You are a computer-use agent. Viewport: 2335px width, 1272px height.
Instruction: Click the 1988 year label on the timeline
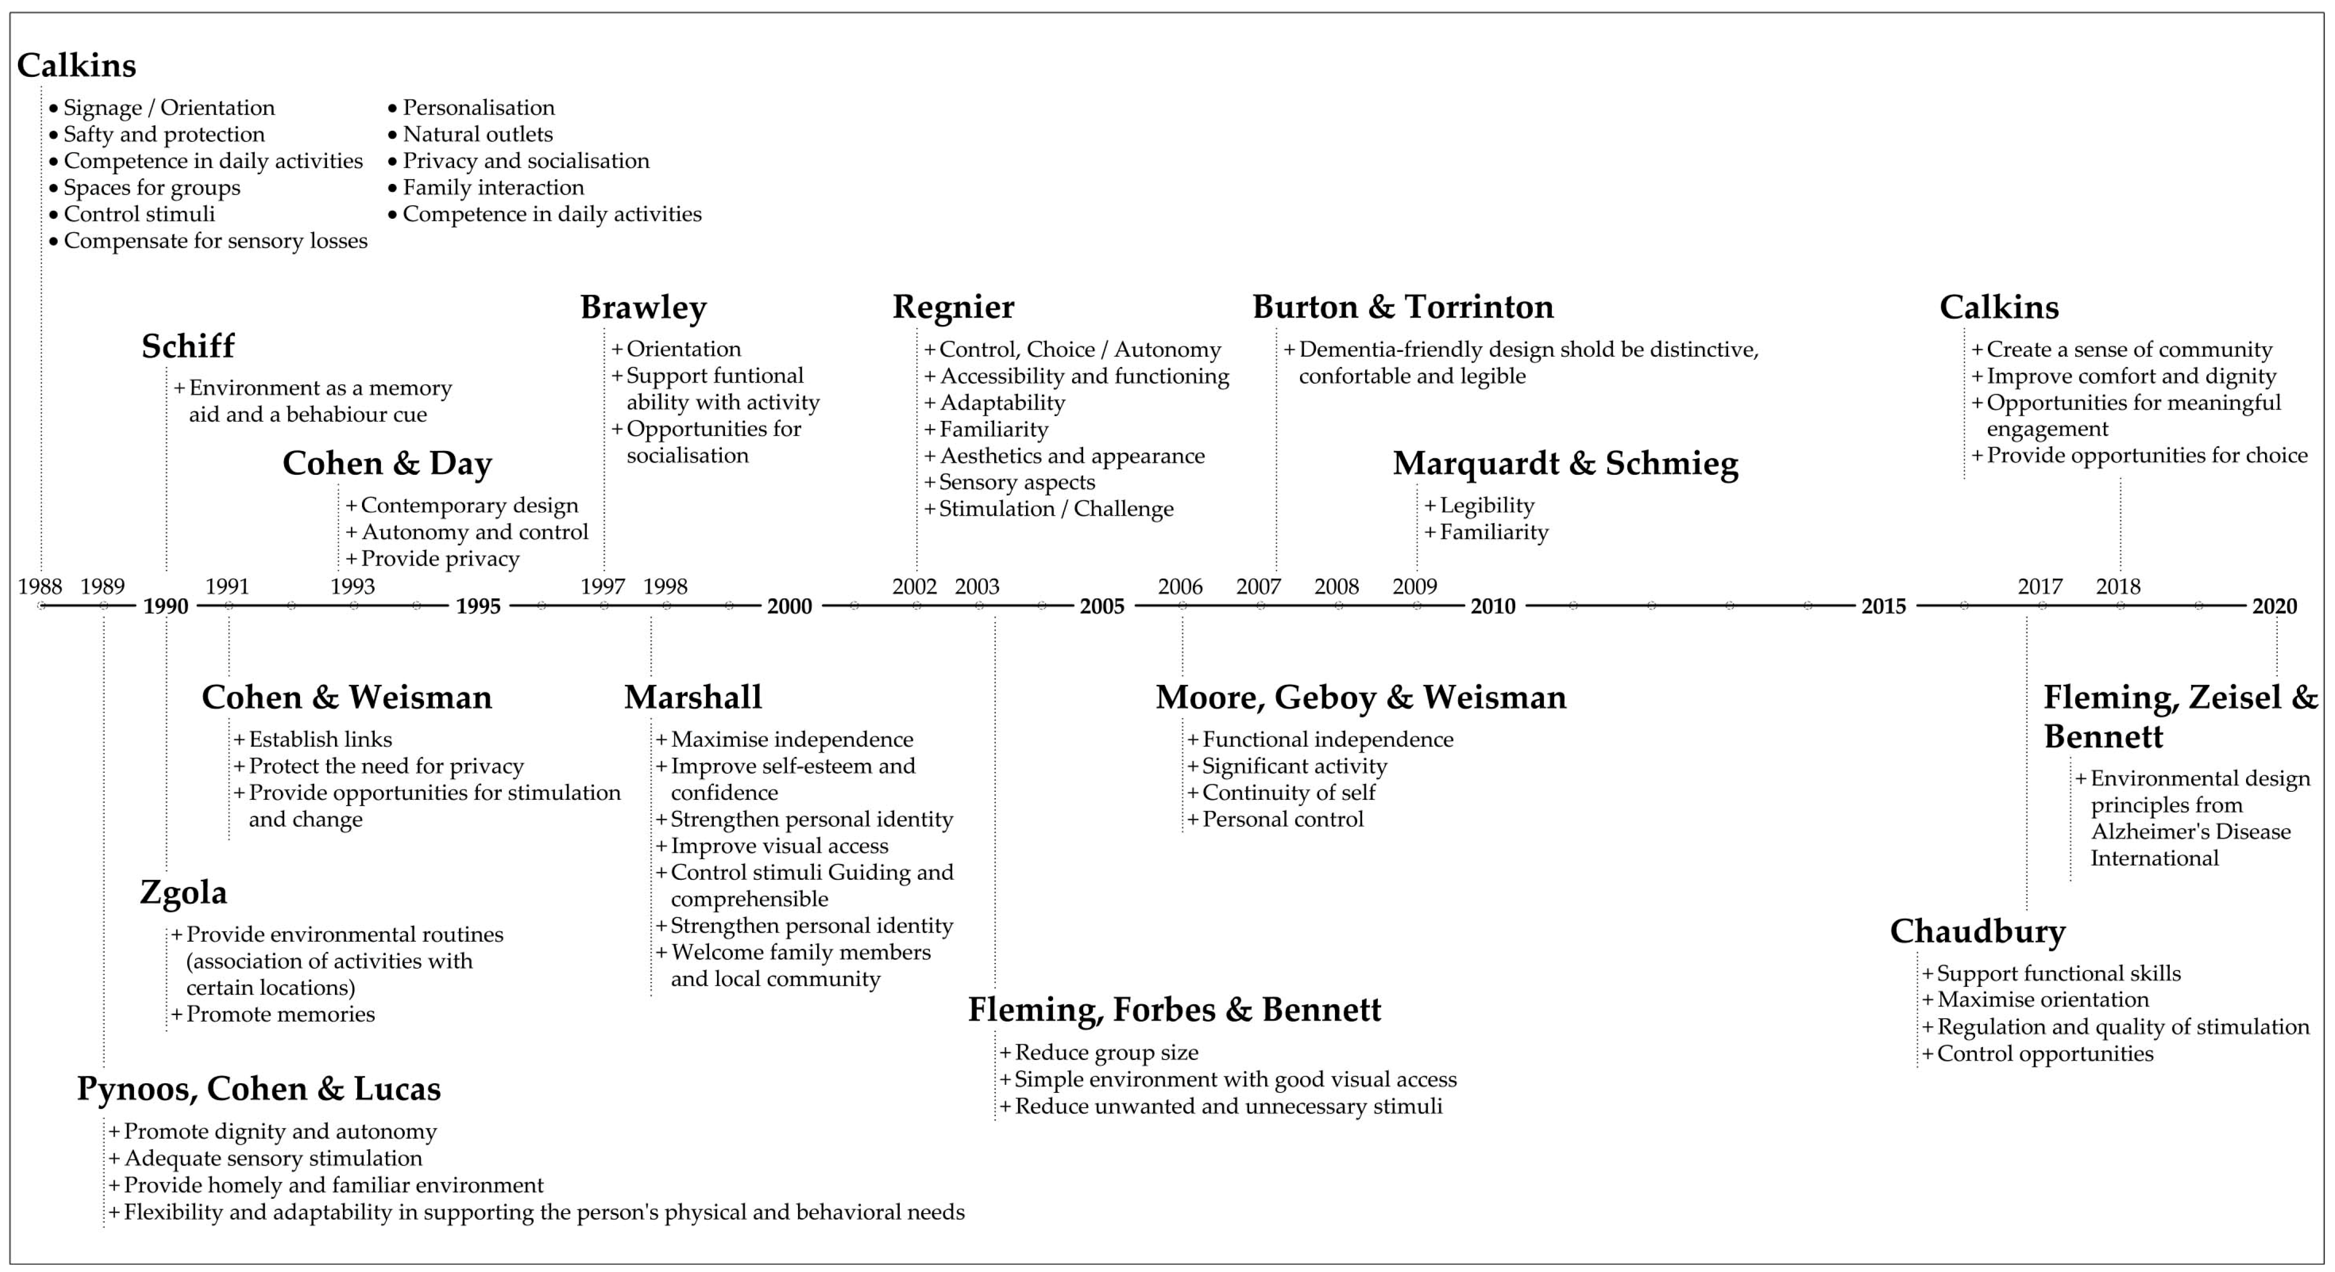pyautogui.click(x=40, y=587)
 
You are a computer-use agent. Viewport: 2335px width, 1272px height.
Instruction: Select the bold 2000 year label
pyautogui.click(x=790, y=606)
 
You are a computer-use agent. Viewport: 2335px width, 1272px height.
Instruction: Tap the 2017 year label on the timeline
pyautogui.click(x=2039, y=587)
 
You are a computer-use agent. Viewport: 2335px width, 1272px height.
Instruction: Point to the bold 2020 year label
pyautogui.click(x=2274, y=606)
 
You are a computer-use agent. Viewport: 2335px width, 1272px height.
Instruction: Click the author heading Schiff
pyautogui.click(x=188, y=346)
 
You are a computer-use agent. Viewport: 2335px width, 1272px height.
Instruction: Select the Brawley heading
pyautogui.click(x=643, y=307)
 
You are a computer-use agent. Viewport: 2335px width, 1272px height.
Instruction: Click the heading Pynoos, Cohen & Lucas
pyautogui.click(x=258, y=1089)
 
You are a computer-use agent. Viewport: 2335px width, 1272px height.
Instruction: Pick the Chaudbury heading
pyautogui.click(x=1977, y=931)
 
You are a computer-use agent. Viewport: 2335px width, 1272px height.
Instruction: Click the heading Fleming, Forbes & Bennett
pyautogui.click(x=1174, y=1010)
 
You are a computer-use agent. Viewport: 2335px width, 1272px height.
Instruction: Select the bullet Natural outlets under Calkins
pyautogui.click(x=477, y=134)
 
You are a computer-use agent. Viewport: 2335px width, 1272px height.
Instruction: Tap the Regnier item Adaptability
pyautogui.click(x=1002, y=403)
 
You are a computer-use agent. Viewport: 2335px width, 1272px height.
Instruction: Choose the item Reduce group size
pyautogui.click(x=1106, y=1053)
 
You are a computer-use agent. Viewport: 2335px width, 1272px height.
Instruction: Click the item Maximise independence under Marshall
pyautogui.click(x=791, y=740)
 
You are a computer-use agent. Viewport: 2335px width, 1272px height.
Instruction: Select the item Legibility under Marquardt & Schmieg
pyautogui.click(x=1487, y=506)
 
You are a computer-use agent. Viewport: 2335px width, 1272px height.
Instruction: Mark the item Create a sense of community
pyautogui.click(x=2128, y=350)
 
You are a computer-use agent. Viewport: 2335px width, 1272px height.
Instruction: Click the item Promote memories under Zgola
pyautogui.click(x=280, y=1014)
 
